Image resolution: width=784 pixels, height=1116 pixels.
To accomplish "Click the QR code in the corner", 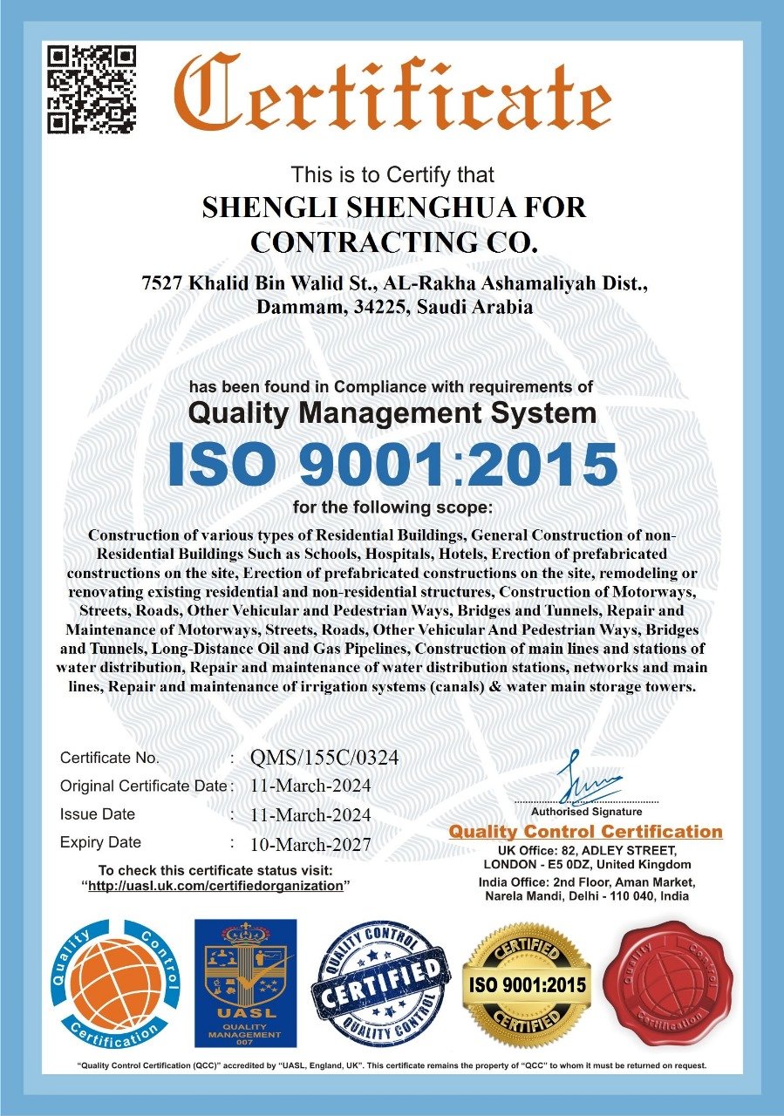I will pos(92,90).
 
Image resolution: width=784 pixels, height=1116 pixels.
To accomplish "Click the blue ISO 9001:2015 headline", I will pos(392,465).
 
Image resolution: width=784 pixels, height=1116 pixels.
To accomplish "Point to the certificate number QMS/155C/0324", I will pos(324,758).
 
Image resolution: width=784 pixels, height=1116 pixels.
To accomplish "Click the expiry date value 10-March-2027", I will pos(310,844).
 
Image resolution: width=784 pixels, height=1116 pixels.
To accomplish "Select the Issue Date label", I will pos(98,814).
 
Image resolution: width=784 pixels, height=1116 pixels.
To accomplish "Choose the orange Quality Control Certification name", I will pos(585,832).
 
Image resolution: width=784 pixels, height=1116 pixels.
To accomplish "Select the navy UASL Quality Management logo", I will pos(244,983).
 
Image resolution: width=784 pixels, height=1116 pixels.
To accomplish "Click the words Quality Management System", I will pos(392,412).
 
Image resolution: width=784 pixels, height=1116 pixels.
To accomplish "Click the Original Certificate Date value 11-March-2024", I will pos(310,786).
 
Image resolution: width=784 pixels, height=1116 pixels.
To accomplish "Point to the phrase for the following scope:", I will pos(392,507).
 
